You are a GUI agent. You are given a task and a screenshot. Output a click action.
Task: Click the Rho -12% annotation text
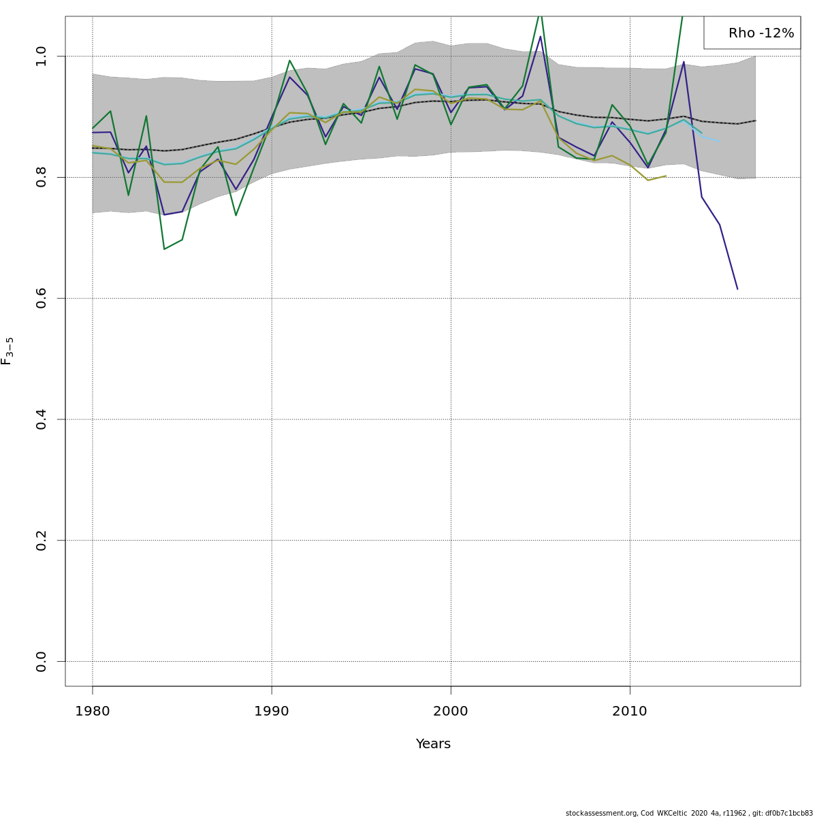click(x=761, y=33)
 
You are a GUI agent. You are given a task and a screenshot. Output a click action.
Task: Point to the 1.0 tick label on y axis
click(x=41, y=56)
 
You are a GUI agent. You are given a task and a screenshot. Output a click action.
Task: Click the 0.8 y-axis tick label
click(x=41, y=177)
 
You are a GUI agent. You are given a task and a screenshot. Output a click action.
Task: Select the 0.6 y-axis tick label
click(x=41, y=298)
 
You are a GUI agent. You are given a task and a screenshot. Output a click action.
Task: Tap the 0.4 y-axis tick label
click(x=41, y=419)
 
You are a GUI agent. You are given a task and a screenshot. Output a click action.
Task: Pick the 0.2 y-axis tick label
click(x=41, y=540)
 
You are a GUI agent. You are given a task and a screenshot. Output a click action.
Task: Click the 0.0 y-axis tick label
click(x=41, y=661)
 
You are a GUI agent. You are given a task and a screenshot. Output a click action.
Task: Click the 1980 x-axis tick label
click(x=93, y=711)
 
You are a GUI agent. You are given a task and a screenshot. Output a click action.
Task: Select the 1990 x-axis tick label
click(x=272, y=711)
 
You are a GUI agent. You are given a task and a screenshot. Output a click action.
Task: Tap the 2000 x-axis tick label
click(x=450, y=711)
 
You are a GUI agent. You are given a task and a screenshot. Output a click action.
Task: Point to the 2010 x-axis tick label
click(x=630, y=711)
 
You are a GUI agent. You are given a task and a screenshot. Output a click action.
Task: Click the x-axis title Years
click(x=433, y=743)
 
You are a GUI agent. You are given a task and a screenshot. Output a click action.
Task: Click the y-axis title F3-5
click(x=7, y=351)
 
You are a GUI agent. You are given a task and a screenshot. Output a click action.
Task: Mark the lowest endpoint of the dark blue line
click(x=737, y=289)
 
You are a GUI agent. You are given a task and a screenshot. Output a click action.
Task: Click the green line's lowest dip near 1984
click(x=164, y=249)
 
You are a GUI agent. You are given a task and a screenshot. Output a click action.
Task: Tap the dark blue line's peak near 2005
click(x=540, y=37)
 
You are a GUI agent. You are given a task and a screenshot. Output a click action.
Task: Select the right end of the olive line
click(x=666, y=176)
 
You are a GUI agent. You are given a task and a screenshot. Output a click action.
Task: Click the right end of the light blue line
click(x=720, y=141)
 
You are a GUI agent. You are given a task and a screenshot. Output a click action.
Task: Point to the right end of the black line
click(x=756, y=121)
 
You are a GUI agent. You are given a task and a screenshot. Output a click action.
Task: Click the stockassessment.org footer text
click(x=689, y=813)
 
